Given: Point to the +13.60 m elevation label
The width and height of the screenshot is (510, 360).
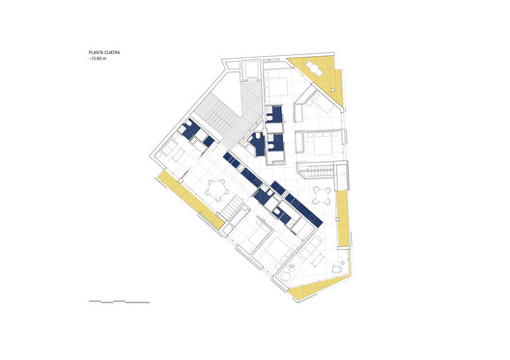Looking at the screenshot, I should click(x=97, y=60).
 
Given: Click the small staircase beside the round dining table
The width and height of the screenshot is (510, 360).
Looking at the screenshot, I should click(x=235, y=208).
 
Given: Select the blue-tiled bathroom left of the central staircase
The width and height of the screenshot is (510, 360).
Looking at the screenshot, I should click(x=193, y=131).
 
